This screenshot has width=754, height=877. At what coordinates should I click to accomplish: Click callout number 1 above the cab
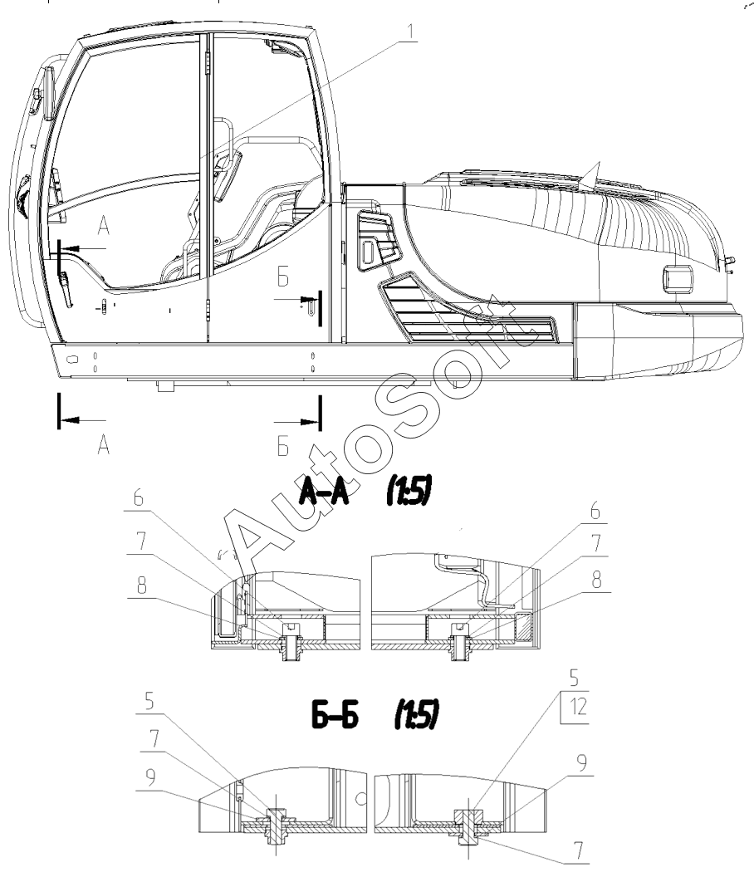click(411, 32)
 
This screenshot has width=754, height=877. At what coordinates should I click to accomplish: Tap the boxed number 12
click(578, 707)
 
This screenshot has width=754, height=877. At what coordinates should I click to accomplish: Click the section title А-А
click(325, 492)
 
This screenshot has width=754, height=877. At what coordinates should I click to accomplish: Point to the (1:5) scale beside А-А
click(409, 492)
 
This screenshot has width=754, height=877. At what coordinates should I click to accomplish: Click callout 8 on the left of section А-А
click(141, 585)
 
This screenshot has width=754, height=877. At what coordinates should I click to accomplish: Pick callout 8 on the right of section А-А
click(597, 580)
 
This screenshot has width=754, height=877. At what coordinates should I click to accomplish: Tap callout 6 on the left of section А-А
click(138, 497)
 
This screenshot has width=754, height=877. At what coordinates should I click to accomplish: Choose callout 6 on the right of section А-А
click(595, 511)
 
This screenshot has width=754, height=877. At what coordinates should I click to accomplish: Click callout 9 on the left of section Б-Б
click(150, 778)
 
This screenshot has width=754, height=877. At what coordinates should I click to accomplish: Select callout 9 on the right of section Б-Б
click(582, 763)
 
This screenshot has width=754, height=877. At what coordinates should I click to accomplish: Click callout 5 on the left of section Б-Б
click(149, 701)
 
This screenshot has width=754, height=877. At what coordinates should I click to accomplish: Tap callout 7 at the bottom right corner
click(578, 851)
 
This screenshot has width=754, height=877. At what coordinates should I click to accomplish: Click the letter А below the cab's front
click(104, 446)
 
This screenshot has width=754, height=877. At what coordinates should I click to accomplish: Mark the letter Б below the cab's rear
click(283, 446)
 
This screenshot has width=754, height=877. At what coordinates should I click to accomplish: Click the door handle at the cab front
click(66, 289)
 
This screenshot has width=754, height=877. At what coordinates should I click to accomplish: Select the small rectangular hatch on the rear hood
click(678, 277)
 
